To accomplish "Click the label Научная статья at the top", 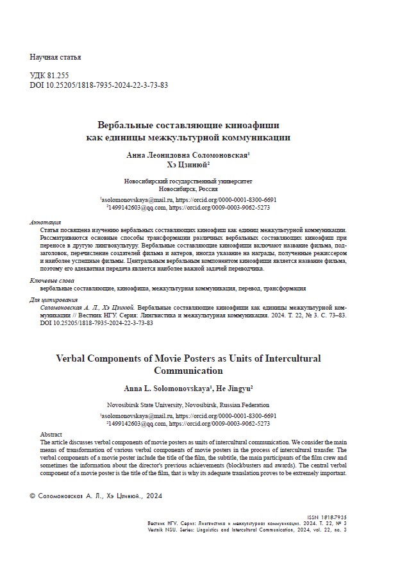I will (x=55, y=58).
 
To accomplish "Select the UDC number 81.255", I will (x=58, y=75).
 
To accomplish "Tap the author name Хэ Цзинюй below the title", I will (x=188, y=165).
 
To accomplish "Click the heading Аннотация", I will (x=46, y=222).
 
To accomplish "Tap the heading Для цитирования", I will (x=54, y=300).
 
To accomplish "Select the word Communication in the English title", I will (x=188, y=371).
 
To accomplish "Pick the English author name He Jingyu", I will (x=237, y=388).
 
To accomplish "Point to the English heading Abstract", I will (x=51, y=434).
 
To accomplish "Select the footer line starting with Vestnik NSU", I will (x=247, y=530).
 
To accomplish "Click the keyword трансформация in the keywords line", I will (x=280, y=289).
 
